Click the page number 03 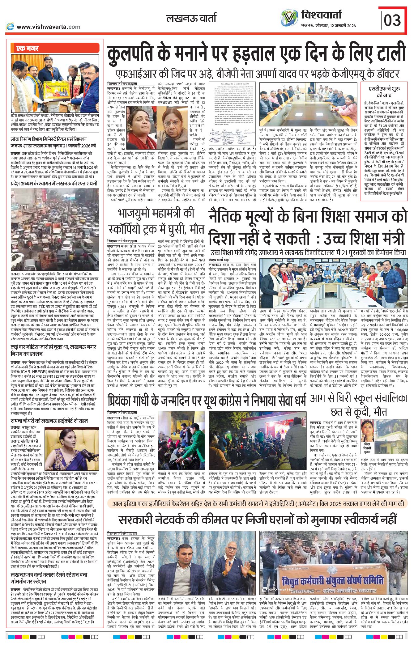click(392, 20)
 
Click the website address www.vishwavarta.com click(48, 27)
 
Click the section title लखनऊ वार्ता click(191, 19)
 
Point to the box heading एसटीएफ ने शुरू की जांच click(384, 92)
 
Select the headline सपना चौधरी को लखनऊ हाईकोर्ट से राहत click(49, 421)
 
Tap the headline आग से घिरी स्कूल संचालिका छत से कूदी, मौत click(359, 405)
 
